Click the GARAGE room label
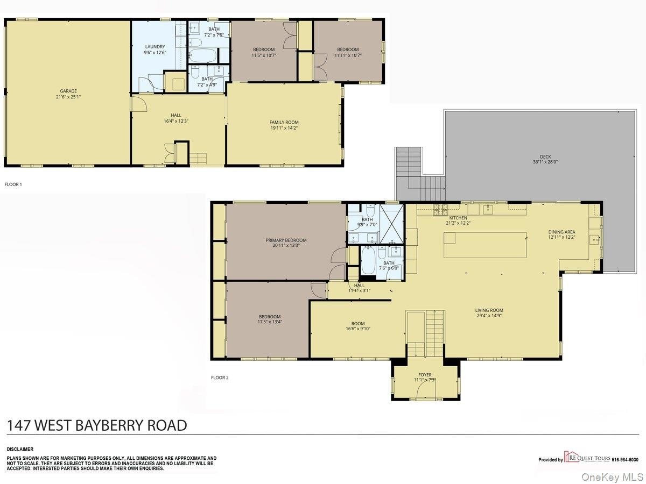tap(68, 91)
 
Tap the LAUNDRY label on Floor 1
tap(155, 47)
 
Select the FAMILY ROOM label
tap(284, 122)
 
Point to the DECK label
tap(545, 157)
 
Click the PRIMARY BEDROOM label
tap(286, 240)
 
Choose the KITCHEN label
tap(458, 218)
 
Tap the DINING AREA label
tap(561, 232)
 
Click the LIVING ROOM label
tap(489, 310)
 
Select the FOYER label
tap(425, 375)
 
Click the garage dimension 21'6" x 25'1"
tap(68, 97)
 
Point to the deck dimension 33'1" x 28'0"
tap(545, 162)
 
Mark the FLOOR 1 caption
tap(13, 184)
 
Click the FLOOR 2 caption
tap(220, 378)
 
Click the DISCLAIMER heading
tap(20, 450)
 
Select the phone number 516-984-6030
tap(625, 460)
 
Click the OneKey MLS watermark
tap(613, 476)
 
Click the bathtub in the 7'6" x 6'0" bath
tap(368, 261)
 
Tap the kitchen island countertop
tap(485, 245)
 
